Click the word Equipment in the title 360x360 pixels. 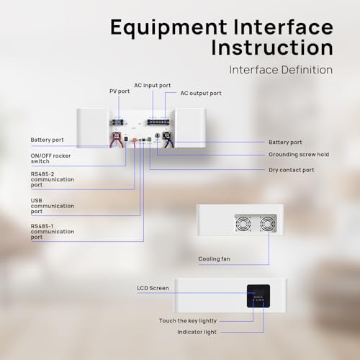(x=168, y=28)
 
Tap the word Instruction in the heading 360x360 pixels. (x=272, y=48)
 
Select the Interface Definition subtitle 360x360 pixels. (x=281, y=70)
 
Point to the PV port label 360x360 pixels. (x=120, y=91)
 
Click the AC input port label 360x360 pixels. (x=153, y=86)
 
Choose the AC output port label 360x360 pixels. (x=201, y=94)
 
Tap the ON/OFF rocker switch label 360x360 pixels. (x=50, y=158)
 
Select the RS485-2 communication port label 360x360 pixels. (x=53, y=179)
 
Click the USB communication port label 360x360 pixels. (x=53, y=206)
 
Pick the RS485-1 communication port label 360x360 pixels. (x=53, y=232)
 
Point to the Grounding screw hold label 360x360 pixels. (x=299, y=155)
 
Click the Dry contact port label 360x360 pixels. (x=292, y=170)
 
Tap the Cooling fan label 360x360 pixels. (x=214, y=258)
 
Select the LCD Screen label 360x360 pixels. (x=153, y=288)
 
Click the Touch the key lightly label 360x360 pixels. (x=188, y=320)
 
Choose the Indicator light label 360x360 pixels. (x=197, y=332)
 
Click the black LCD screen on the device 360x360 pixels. (x=258, y=296)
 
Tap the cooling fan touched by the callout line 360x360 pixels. (x=268, y=223)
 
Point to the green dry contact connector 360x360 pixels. (x=149, y=139)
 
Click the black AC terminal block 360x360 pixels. (x=158, y=122)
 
